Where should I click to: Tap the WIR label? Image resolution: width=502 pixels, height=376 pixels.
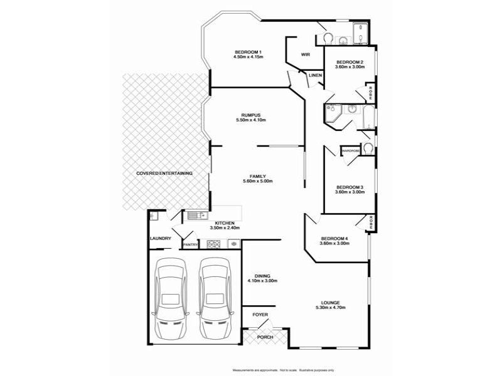[x=306, y=55]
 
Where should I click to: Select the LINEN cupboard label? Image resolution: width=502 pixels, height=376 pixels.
[x=315, y=76]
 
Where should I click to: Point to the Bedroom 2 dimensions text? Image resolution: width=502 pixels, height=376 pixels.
[x=350, y=68]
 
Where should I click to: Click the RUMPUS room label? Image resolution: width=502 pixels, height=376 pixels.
[x=250, y=115]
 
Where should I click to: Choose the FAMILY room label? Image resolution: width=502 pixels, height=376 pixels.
[x=258, y=176]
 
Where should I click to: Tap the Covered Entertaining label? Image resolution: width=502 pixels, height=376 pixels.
[x=164, y=173]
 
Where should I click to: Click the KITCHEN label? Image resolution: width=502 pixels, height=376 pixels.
[x=225, y=223]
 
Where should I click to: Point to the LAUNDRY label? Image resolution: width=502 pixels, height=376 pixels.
[x=161, y=238]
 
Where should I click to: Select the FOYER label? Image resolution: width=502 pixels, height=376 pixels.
[x=260, y=313]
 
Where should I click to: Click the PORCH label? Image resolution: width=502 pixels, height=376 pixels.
[x=266, y=338]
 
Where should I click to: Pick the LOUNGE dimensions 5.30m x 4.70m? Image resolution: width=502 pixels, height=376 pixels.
[x=331, y=308]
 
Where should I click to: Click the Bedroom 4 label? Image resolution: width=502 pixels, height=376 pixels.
[x=334, y=238]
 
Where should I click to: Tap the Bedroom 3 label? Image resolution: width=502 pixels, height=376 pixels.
[x=350, y=187]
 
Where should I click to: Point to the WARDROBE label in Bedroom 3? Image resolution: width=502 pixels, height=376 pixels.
[x=350, y=151]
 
